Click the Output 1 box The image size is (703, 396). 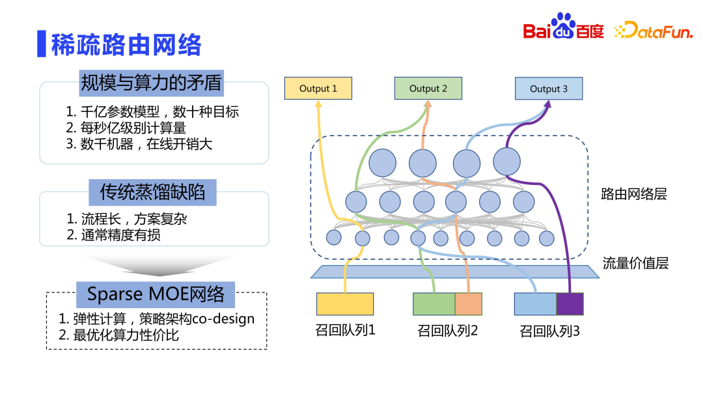(x=318, y=89)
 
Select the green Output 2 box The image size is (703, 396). (x=428, y=89)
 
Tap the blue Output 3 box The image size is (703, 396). (x=548, y=89)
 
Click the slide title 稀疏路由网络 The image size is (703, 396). (x=126, y=44)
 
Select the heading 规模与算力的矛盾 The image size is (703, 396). (x=151, y=83)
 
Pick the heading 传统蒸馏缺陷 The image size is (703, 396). (x=152, y=191)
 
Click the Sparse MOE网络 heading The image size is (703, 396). (x=156, y=294)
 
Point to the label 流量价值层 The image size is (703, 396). (x=635, y=263)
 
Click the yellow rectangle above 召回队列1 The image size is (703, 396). (x=345, y=304)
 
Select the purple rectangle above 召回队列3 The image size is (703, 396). (x=570, y=304)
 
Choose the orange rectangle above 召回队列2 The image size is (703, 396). (x=468, y=304)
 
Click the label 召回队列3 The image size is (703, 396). (x=549, y=332)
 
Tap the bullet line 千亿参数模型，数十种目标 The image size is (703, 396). (x=152, y=111)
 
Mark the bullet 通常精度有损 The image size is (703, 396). (x=113, y=235)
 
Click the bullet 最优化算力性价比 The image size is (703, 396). (x=118, y=336)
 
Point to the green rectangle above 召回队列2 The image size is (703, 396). (x=434, y=304)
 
